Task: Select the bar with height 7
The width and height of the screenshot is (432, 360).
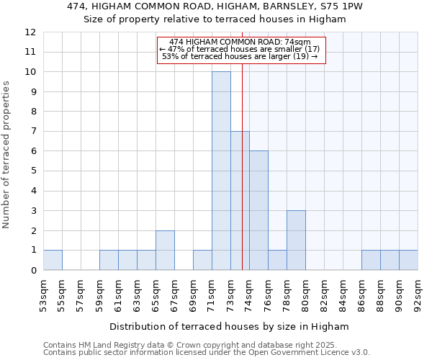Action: point(240,201)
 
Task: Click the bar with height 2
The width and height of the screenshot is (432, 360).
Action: point(165,250)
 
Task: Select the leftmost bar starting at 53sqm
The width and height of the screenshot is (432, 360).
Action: point(53,260)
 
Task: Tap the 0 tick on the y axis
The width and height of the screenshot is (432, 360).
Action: point(33,271)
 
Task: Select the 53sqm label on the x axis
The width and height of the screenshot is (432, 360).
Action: point(43,293)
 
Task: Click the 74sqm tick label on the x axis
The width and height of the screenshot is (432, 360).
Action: point(249,293)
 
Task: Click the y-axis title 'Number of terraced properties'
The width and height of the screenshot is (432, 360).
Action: point(6,155)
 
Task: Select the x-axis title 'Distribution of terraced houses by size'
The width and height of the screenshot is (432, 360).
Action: point(230,326)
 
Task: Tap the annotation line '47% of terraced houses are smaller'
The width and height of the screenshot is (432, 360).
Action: point(241,49)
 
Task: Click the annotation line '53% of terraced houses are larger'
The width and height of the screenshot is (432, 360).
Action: point(241,55)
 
